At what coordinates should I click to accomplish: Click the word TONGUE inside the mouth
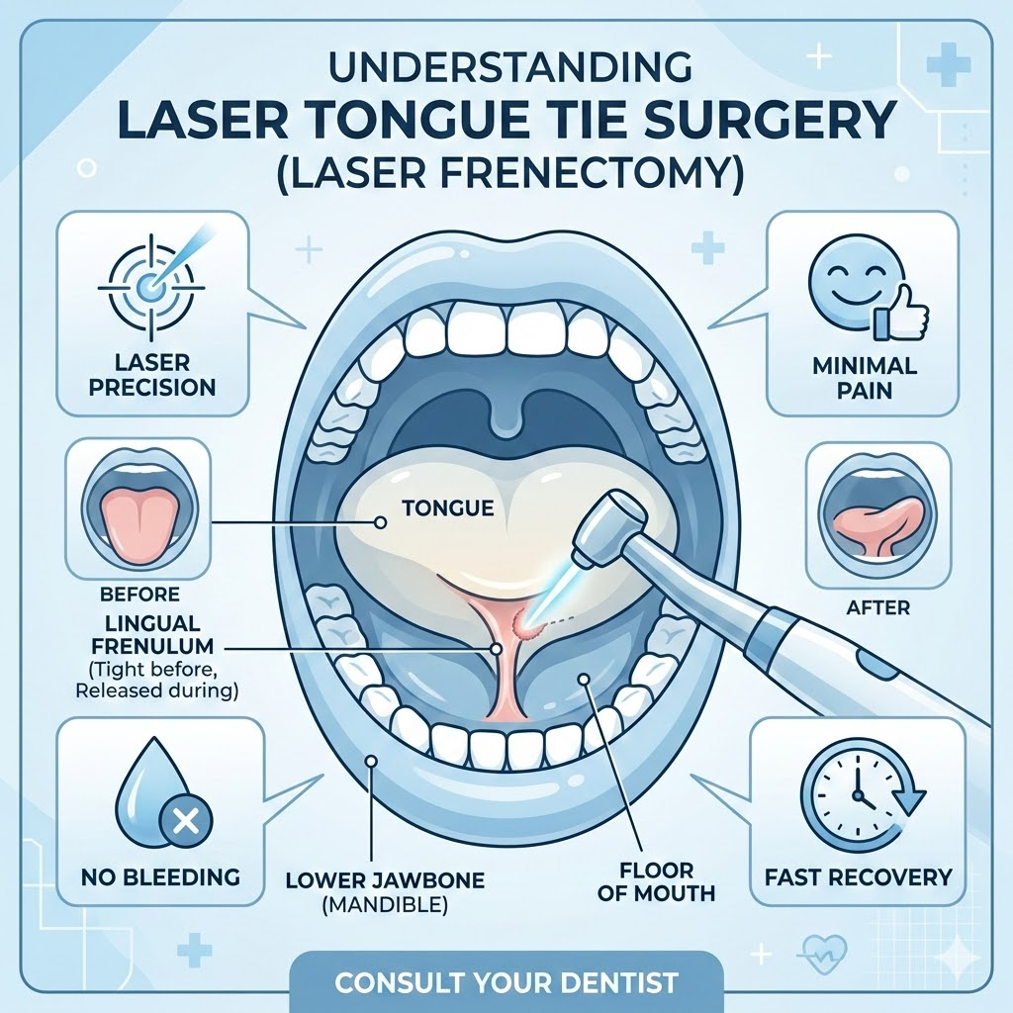447,508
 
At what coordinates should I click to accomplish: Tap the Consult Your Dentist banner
506,983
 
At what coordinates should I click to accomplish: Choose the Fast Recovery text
858,876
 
